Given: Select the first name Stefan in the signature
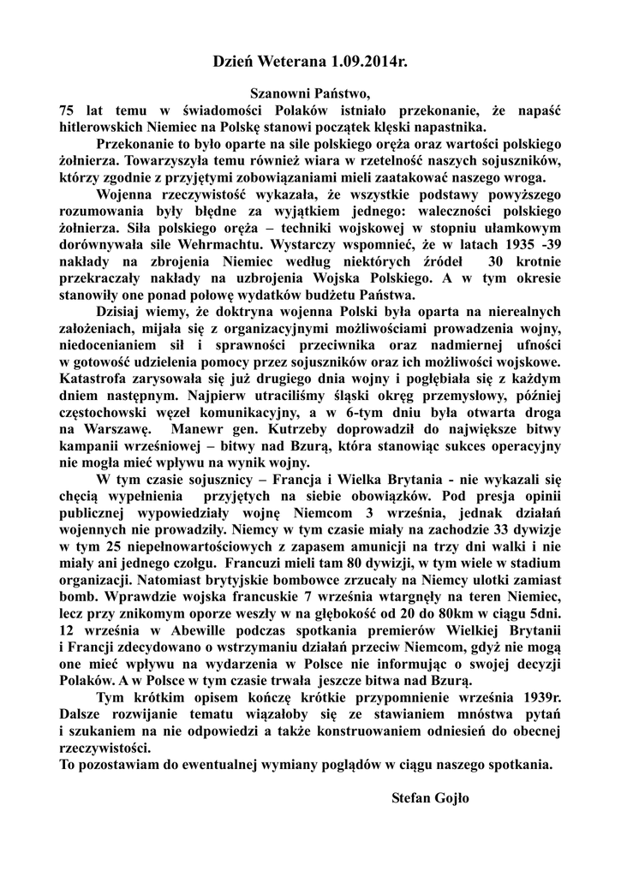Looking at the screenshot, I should coord(412,797).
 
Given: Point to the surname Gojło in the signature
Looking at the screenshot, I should coord(457,797).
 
